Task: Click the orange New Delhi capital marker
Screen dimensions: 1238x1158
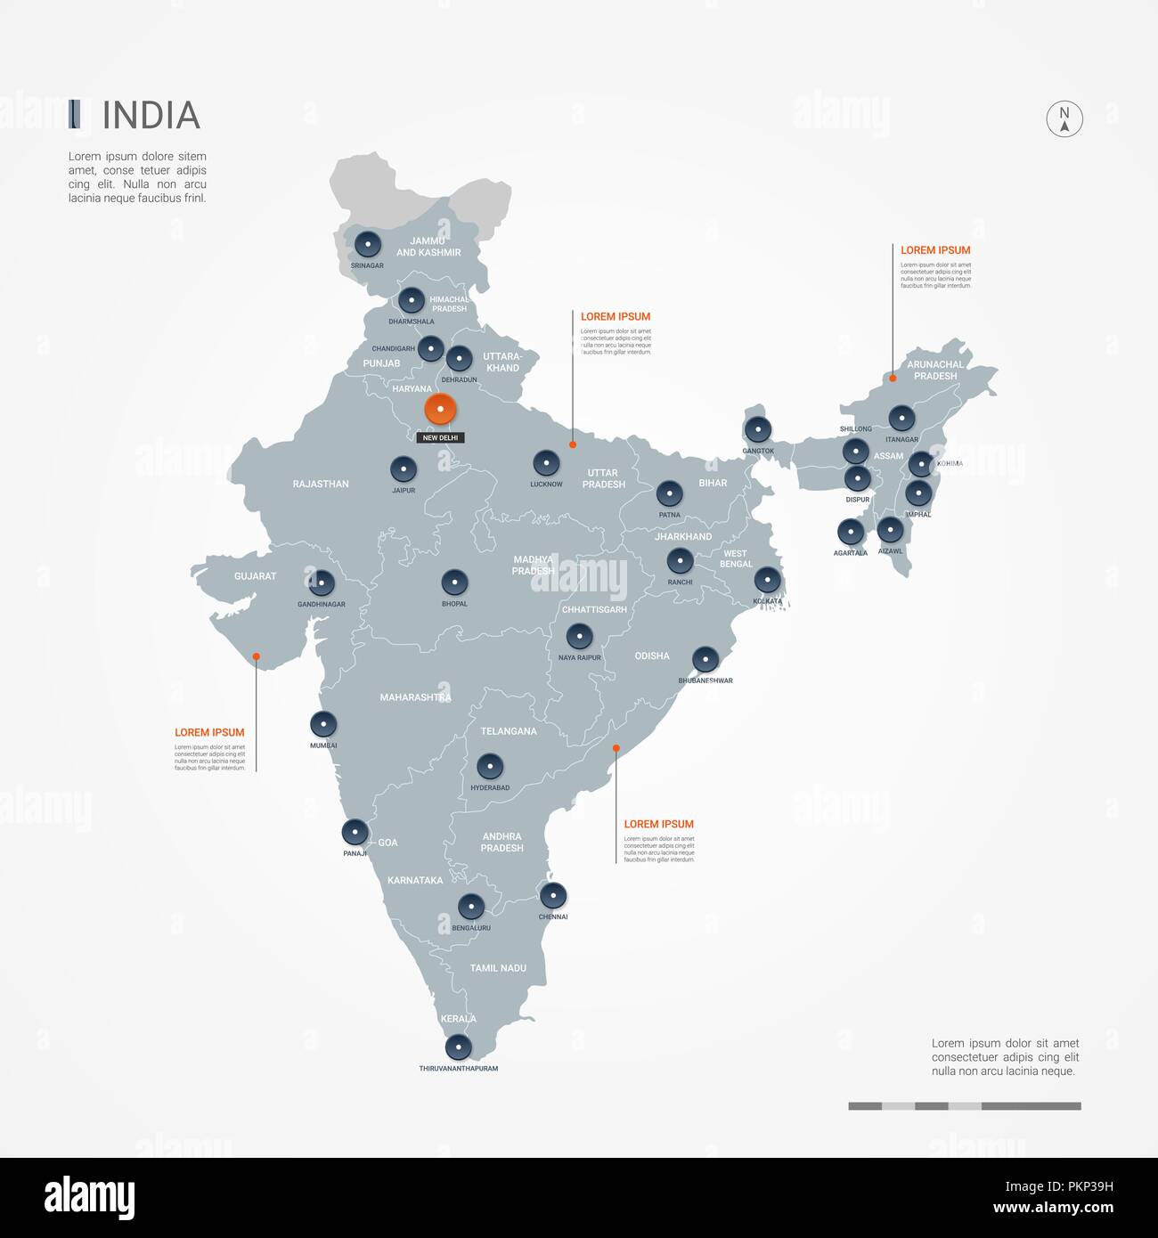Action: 440,410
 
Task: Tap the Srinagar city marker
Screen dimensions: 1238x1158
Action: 367,244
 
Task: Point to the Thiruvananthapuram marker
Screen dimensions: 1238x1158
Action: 458,1047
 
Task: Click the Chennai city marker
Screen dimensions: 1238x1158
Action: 553,896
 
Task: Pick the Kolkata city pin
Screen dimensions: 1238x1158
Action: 767,581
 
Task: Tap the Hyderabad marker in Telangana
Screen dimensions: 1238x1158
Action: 490,767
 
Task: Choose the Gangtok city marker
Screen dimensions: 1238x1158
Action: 758,430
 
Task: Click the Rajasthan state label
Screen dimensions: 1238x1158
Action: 321,485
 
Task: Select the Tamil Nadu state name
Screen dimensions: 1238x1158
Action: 498,968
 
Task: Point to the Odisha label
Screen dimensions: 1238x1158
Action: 652,656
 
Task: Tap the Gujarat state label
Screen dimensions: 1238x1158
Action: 256,576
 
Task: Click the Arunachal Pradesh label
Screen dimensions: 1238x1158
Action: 935,371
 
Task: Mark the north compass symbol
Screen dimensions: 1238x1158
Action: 1064,118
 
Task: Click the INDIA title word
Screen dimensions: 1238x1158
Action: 151,116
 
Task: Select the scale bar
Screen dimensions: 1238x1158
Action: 965,1106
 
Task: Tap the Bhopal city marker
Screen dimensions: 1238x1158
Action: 454,583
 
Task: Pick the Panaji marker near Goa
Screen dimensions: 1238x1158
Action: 355,833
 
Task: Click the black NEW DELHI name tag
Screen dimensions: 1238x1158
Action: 441,438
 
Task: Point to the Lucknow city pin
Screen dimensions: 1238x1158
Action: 546,463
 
